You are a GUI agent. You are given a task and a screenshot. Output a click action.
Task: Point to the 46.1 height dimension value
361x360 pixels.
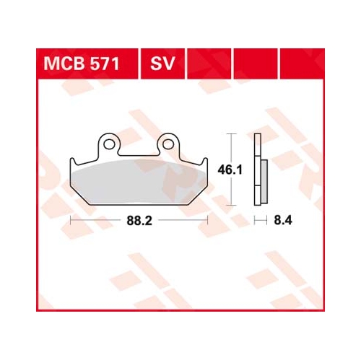pyautogui.click(x=229, y=170)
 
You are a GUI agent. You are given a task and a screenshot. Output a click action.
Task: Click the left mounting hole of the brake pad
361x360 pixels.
pyautogui.click(x=109, y=144)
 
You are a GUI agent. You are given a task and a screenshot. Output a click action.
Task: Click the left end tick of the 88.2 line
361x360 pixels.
pyautogui.click(x=71, y=217)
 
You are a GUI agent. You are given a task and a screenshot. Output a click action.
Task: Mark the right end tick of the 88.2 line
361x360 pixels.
pyautogui.click(x=208, y=217)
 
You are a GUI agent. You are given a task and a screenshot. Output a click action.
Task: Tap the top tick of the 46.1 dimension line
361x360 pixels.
pyautogui.click(x=230, y=134)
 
